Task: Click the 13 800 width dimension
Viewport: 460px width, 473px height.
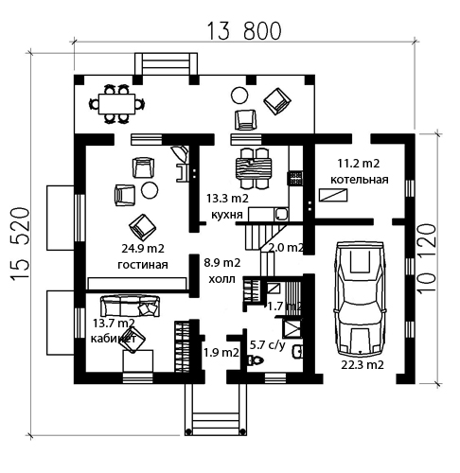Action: click(x=244, y=31)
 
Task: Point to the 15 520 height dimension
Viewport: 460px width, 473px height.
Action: click(x=20, y=243)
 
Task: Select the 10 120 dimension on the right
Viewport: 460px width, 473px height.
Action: click(x=427, y=258)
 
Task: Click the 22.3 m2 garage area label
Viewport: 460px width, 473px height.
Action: click(x=363, y=365)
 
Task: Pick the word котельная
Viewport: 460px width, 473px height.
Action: click(x=359, y=180)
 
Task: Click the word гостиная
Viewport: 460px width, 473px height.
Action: click(x=143, y=264)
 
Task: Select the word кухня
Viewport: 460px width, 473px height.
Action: click(x=227, y=215)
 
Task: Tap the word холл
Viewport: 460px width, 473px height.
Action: click(x=221, y=279)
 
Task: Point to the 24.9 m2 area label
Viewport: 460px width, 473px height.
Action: click(x=143, y=249)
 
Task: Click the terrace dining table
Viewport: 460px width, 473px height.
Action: click(x=116, y=104)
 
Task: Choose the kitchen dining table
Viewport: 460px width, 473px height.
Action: click(x=254, y=168)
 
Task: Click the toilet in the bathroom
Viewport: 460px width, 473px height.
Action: click(x=256, y=359)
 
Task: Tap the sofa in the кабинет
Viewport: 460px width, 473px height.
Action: click(x=130, y=306)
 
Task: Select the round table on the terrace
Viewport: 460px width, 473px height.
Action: click(x=239, y=96)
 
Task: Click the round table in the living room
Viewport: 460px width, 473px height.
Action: click(x=150, y=190)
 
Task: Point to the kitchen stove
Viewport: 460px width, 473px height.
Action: click(x=295, y=178)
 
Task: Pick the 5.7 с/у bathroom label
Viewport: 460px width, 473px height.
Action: click(x=268, y=345)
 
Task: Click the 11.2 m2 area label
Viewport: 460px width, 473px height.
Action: click(x=359, y=164)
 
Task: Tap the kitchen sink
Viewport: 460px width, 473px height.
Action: click(x=281, y=215)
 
